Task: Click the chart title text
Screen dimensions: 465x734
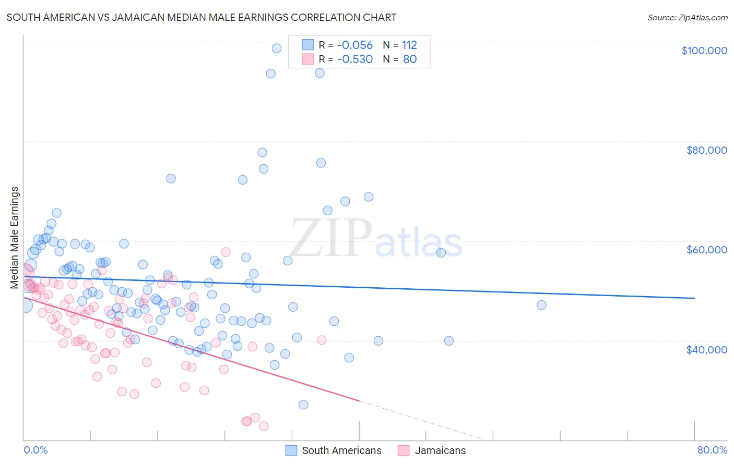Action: pyautogui.click(x=201, y=17)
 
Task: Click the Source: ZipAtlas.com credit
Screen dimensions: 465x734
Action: pyautogui.click(x=687, y=17)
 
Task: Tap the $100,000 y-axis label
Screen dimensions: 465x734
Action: pyautogui.click(x=704, y=51)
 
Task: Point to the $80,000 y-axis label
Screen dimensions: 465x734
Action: pyautogui.click(x=706, y=150)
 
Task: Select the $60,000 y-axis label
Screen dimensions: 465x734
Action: pyautogui.click(x=706, y=250)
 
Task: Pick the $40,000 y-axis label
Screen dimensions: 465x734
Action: pyautogui.click(x=706, y=349)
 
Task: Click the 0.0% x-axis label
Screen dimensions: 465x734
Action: pyautogui.click(x=35, y=450)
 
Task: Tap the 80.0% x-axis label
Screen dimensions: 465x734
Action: pyautogui.click(x=712, y=450)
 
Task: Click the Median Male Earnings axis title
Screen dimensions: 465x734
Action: pyautogui.click(x=15, y=238)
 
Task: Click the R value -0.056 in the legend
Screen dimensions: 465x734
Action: pyautogui.click(x=354, y=45)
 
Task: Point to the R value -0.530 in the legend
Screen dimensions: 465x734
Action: pyautogui.click(x=354, y=59)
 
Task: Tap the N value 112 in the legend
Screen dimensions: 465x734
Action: pyautogui.click(x=409, y=45)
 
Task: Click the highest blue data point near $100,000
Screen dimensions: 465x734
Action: pyautogui.click(x=277, y=48)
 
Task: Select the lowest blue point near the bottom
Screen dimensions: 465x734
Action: pyautogui.click(x=303, y=405)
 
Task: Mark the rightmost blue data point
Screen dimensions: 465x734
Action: pyautogui.click(x=541, y=305)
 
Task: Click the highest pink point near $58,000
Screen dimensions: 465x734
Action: pyautogui.click(x=226, y=252)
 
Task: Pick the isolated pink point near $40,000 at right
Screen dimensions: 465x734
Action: pyautogui.click(x=322, y=340)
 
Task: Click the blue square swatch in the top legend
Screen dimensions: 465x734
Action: pyautogui.click(x=307, y=45)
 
